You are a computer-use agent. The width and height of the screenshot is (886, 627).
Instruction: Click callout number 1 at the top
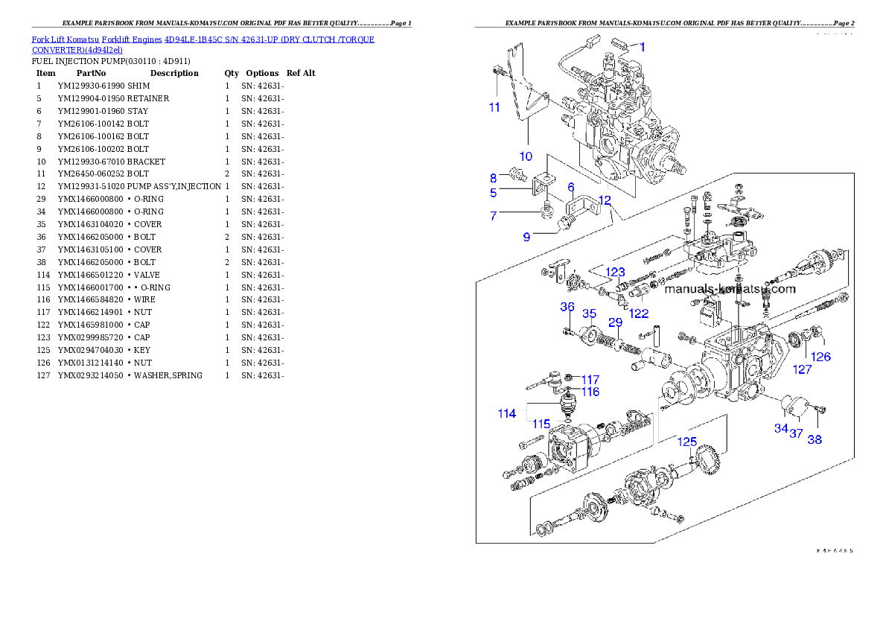coord(643,46)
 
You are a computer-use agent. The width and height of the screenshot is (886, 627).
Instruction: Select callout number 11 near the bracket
coord(494,107)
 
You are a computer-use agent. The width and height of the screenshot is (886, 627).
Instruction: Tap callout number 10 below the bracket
coord(526,156)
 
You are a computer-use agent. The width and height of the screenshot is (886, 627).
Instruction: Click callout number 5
coord(492,193)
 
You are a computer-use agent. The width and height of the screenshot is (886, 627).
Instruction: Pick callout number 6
coord(571,187)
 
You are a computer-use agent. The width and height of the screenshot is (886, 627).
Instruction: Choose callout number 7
coord(492,216)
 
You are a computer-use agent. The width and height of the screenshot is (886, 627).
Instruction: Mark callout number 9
coord(526,237)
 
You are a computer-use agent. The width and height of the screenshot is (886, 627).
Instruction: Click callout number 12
coord(604,200)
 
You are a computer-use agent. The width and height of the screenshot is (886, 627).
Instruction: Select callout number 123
coord(615,273)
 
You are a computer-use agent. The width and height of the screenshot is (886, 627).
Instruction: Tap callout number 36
coord(567,307)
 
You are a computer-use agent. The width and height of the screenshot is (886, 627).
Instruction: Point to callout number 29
coord(615,322)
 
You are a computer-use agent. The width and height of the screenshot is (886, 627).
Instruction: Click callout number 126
coord(820,357)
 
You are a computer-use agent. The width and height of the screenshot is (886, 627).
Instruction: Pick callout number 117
coord(590,380)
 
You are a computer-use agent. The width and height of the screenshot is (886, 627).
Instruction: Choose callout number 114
coord(507,413)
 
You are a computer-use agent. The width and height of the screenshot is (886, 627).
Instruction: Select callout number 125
coord(686,442)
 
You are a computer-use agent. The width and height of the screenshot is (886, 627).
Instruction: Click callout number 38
coord(815,439)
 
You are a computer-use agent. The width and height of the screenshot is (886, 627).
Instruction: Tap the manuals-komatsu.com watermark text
coord(730,289)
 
